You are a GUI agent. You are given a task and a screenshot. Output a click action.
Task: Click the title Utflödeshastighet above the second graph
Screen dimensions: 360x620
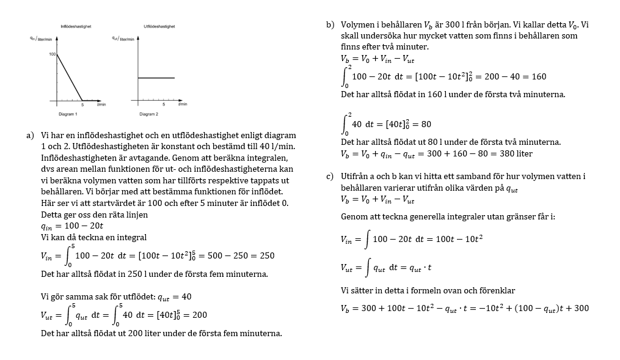click(159, 26)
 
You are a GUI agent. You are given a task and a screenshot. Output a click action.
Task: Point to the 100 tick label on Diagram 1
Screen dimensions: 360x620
click(53, 54)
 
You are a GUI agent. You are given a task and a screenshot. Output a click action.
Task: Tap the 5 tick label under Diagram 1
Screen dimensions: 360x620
click(82, 105)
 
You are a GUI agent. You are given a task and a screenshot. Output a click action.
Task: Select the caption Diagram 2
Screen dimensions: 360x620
click(148, 114)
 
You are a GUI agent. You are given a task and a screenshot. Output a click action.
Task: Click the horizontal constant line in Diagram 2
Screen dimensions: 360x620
click(156, 78)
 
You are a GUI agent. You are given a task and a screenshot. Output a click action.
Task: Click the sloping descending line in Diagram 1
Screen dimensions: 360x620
click(69, 77)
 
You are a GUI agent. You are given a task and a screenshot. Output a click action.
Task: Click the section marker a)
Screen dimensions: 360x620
click(31, 135)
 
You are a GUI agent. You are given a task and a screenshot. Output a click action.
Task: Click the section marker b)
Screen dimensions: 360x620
click(330, 25)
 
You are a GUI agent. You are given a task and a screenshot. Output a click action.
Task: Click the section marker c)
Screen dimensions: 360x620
click(330, 177)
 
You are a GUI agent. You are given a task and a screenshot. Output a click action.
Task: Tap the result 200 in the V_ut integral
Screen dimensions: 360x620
click(199, 315)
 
